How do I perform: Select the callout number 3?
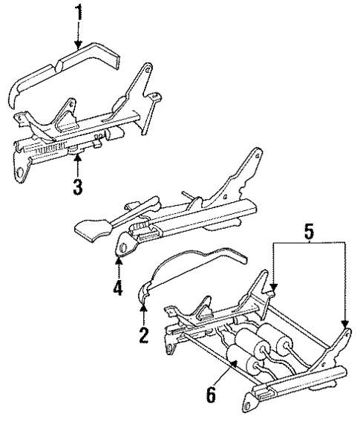click(77, 185)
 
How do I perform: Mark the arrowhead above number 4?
click(119, 258)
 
